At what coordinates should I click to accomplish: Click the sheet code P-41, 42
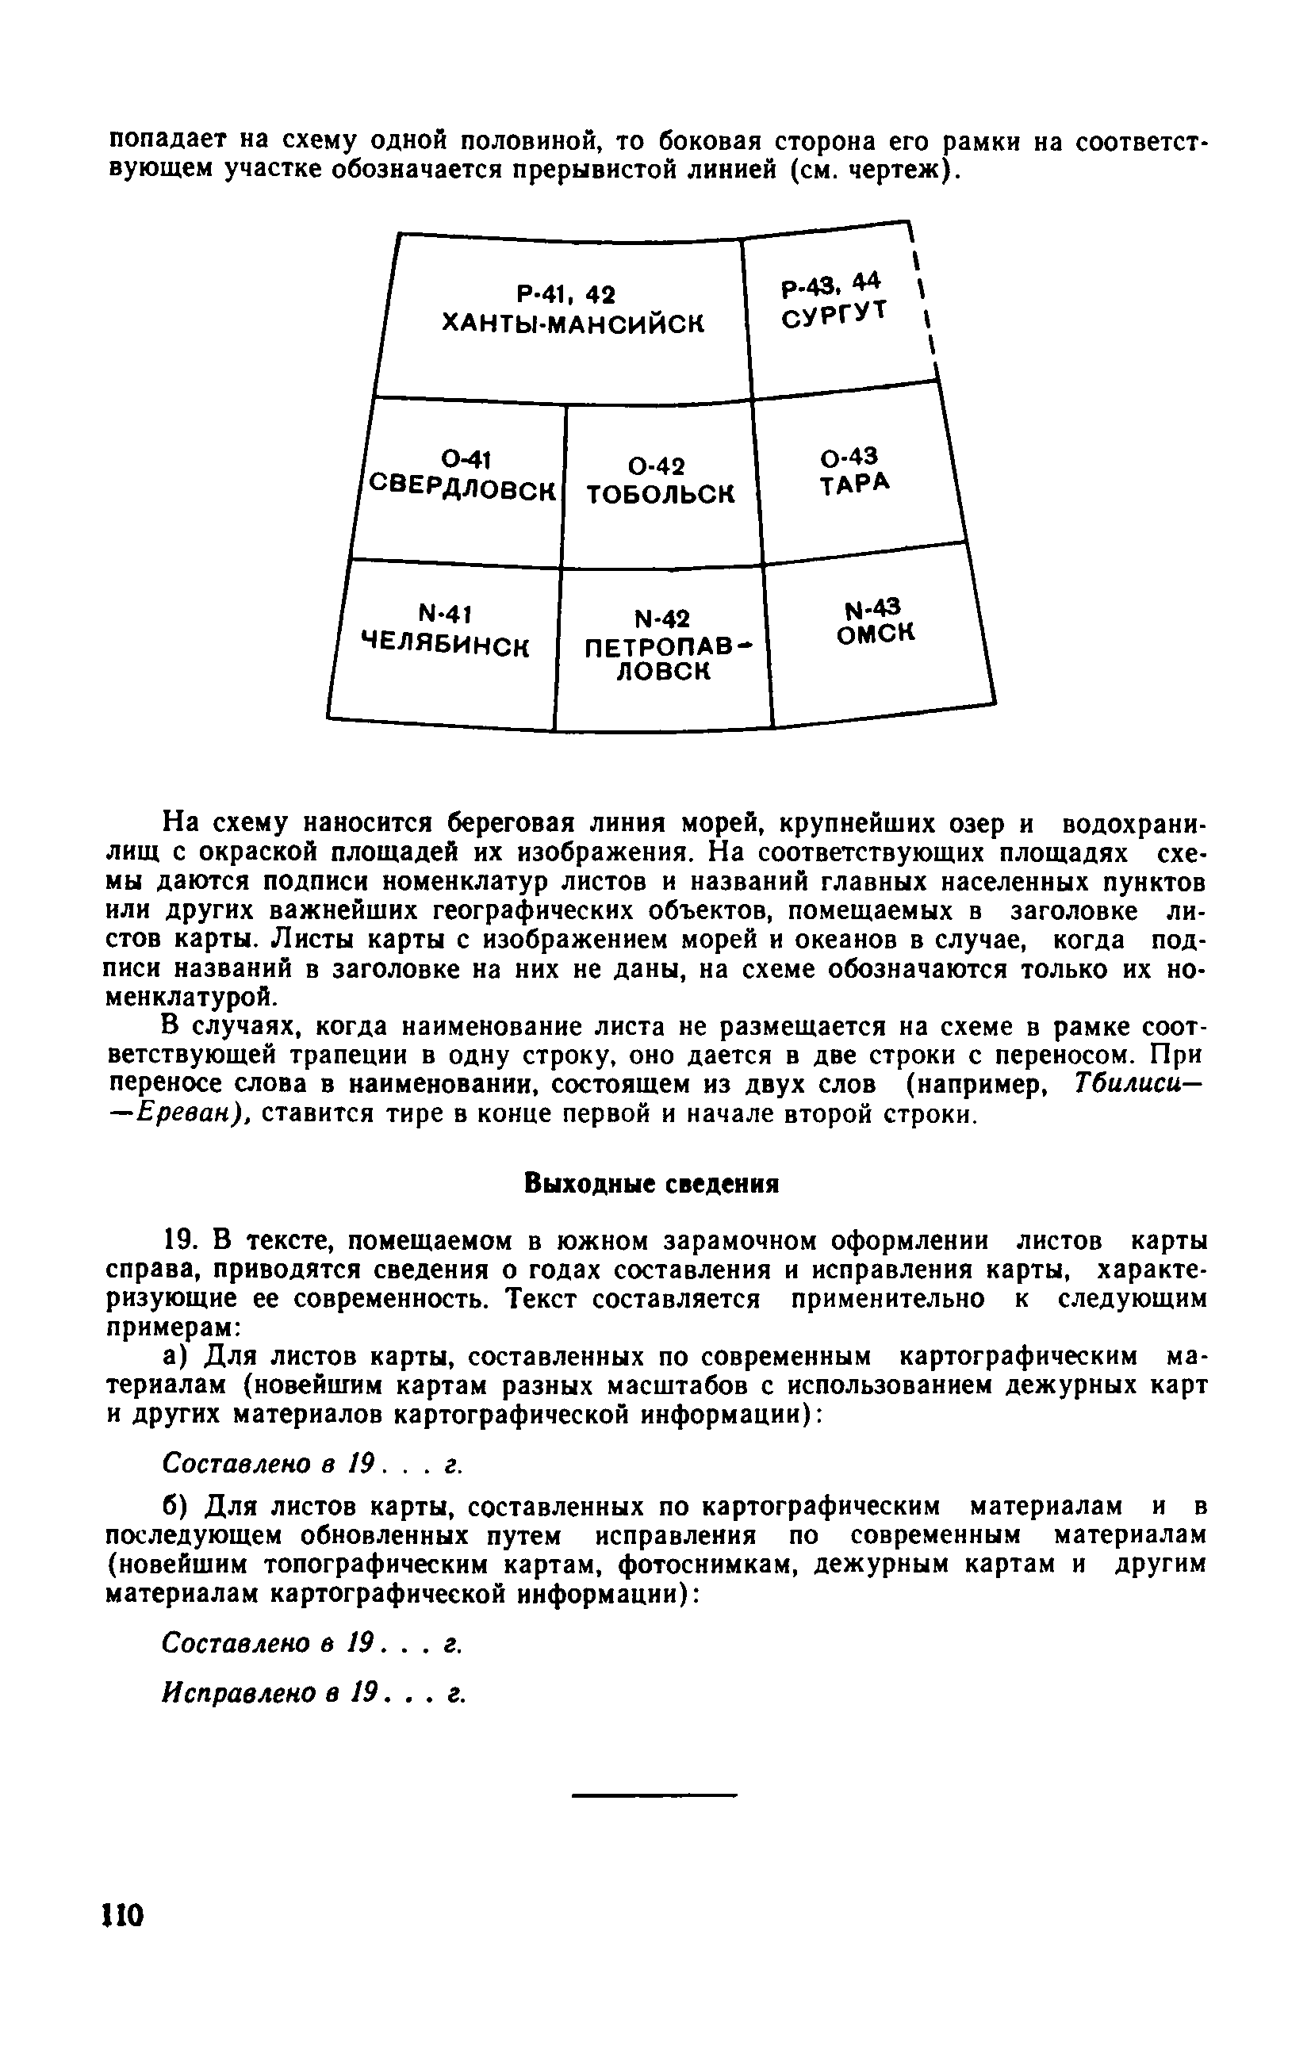click(x=566, y=295)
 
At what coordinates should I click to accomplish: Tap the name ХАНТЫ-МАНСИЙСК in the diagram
click(x=573, y=324)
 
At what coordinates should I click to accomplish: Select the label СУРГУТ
click(x=834, y=315)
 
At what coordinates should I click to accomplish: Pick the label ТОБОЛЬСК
click(x=661, y=495)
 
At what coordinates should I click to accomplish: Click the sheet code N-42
click(x=661, y=618)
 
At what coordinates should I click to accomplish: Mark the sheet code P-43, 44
click(x=830, y=283)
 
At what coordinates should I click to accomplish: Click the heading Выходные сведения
click(x=651, y=1184)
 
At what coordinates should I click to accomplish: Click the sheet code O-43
click(x=849, y=457)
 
